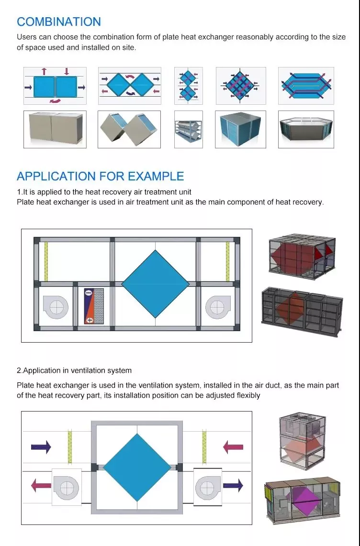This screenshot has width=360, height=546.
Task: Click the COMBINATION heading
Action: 59,22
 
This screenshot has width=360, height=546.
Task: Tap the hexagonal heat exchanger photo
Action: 306,130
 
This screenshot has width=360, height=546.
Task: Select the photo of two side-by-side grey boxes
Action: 55,130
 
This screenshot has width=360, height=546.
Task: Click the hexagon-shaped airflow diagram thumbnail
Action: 306,86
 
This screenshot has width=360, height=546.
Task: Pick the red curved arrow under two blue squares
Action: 56,101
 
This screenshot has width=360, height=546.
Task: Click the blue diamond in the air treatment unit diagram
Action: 156,284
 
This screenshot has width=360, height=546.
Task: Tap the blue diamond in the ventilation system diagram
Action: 137,467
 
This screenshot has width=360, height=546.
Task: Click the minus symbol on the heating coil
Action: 90,292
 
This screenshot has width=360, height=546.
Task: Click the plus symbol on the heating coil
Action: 90,320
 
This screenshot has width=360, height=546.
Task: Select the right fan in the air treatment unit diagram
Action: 218,306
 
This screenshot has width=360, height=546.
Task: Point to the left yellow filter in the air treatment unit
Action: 46,261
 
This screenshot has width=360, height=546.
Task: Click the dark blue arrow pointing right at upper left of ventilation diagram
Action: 41,447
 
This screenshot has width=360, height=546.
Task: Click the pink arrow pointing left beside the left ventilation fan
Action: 41,486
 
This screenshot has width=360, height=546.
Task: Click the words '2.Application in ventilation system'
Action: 74,370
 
